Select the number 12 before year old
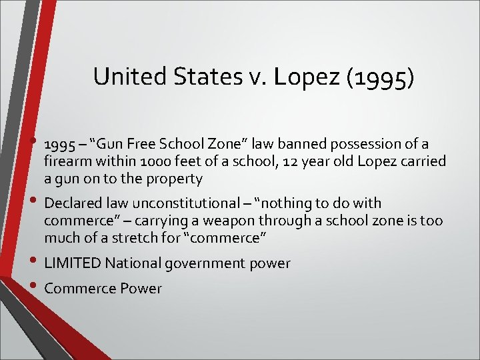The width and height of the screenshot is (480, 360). pos(287,161)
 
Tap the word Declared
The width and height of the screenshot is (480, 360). pos(71,203)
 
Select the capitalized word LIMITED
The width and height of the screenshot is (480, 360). pos(71,263)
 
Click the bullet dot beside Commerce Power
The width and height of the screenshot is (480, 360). pos(34,285)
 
